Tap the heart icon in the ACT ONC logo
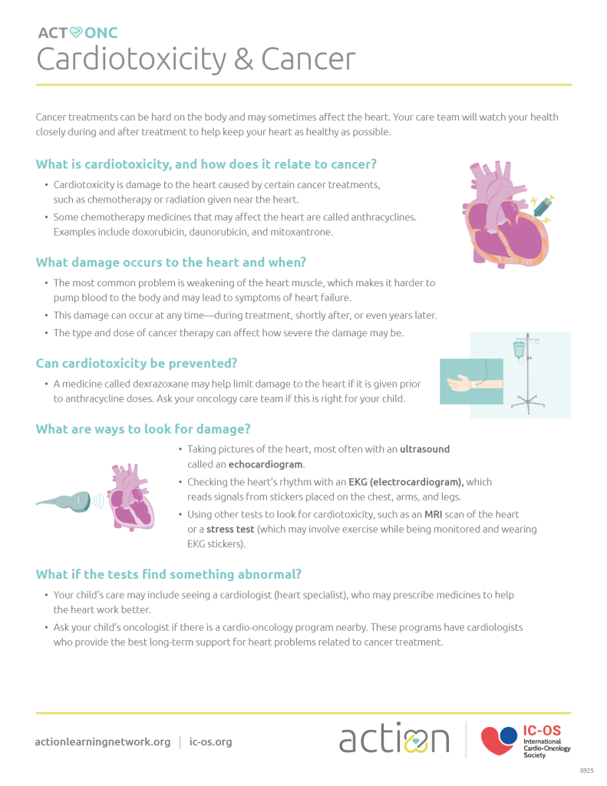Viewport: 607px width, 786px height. click(75, 32)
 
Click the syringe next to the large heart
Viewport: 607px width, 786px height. click(543, 205)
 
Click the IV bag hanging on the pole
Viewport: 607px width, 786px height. click(519, 350)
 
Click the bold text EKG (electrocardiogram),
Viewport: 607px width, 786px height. click(406, 482)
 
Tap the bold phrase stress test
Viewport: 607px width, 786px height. click(230, 530)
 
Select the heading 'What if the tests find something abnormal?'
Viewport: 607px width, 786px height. click(168, 574)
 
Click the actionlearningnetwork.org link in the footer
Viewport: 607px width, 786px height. click(103, 742)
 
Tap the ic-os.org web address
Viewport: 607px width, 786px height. click(210, 742)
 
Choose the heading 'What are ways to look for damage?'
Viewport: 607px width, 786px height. click(143, 429)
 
